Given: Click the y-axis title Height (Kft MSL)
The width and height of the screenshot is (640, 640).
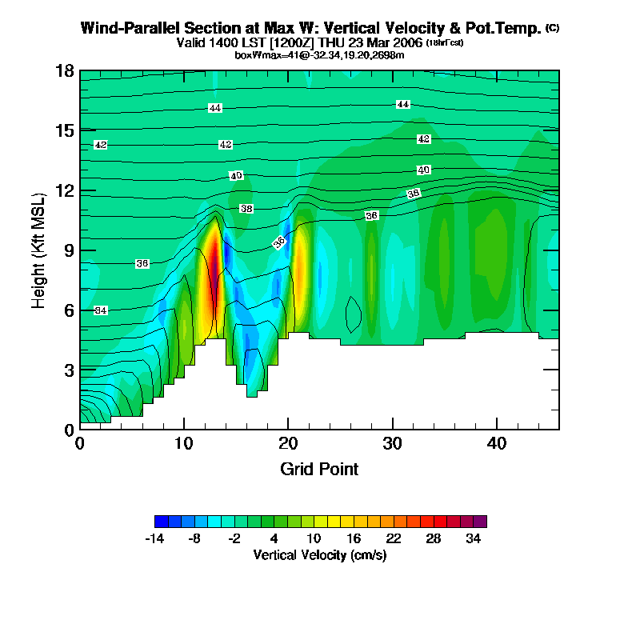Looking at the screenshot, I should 38,250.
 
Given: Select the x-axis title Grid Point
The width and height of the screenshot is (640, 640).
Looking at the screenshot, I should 319,469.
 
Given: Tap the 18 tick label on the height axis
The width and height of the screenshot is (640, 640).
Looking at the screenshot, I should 66,71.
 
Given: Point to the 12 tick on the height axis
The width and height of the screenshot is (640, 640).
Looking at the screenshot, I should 66,190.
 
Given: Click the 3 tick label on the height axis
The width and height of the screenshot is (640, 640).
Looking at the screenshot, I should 70,370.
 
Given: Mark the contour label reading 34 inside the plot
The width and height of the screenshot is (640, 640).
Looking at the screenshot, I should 101,310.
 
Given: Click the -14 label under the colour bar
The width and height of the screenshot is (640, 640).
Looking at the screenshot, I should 155,539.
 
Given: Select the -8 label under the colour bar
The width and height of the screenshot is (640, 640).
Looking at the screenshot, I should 194,539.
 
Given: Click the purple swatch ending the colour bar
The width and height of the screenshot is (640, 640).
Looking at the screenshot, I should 480,522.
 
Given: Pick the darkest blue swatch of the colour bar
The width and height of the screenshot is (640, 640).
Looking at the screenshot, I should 161,522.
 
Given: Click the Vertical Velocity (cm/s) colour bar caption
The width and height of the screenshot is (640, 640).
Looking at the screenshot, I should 319,554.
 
